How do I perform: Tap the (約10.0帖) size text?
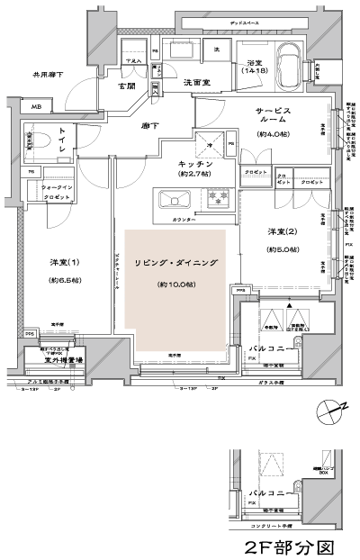point(175,285)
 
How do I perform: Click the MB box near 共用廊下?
point(36,107)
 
